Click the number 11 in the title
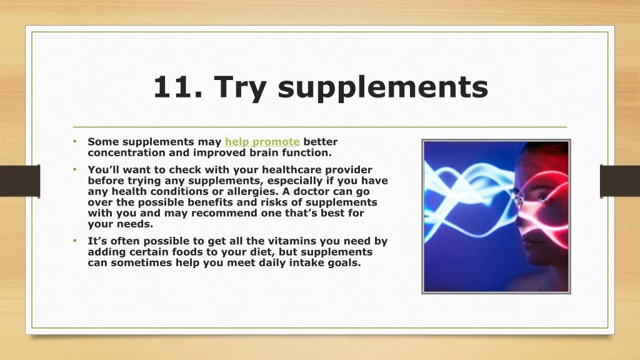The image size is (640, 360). (x=173, y=86)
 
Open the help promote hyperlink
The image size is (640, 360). (x=262, y=142)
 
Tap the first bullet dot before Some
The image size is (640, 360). (x=75, y=141)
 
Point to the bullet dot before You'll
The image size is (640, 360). (x=75, y=169)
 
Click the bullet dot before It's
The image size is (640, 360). (x=75, y=241)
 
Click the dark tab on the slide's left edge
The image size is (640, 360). (x=20, y=181)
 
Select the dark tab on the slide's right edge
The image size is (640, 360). (x=620, y=181)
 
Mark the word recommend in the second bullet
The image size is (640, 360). (x=219, y=213)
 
